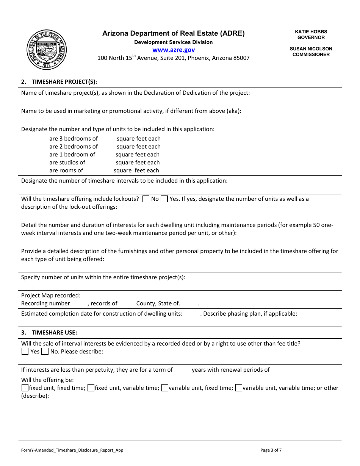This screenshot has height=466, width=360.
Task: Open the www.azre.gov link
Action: pos(174,50)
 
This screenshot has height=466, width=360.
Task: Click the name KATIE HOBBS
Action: pos(311,32)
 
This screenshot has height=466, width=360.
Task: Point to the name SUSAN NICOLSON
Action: pos(311,49)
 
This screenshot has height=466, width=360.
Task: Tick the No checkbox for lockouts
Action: pos(146,199)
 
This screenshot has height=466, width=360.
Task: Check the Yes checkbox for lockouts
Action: pos(164,199)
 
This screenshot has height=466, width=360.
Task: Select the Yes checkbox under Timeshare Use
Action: pos(25,352)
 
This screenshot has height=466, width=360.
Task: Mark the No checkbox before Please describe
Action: pos(45,352)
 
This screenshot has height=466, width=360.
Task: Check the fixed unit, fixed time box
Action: pos(25,388)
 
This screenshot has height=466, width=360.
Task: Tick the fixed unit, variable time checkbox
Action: pos(91,388)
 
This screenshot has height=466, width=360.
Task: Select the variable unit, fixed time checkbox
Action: pos(165,388)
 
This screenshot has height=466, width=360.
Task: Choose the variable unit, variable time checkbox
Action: pos(239,388)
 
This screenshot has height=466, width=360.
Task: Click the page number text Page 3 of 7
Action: pos(271,450)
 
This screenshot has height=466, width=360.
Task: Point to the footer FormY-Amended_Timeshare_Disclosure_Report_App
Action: pos(72,450)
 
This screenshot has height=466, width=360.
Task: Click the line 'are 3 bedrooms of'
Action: pos(74,139)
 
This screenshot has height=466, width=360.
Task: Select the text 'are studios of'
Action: pos(67,163)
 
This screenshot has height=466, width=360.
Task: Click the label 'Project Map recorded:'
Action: pos(51,296)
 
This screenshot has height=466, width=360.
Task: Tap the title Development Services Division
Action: pos(174,42)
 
